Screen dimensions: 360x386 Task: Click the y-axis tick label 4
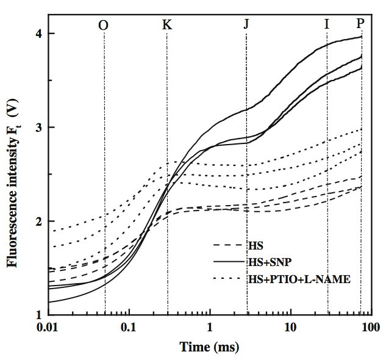pyautogui.click(x=37, y=34)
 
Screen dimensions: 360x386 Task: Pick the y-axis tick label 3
pyautogui.click(x=37, y=128)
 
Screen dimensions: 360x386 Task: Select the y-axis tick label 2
pyautogui.click(x=37, y=221)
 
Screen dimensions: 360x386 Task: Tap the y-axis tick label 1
pyautogui.click(x=37, y=315)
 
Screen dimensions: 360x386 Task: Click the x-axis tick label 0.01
pyautogui.click(x=48, y=329)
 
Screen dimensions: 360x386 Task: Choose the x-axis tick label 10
pyautogui.click(x=290, y=329)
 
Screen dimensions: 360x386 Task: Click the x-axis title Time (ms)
pyautogui.click(x=209, y=347)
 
